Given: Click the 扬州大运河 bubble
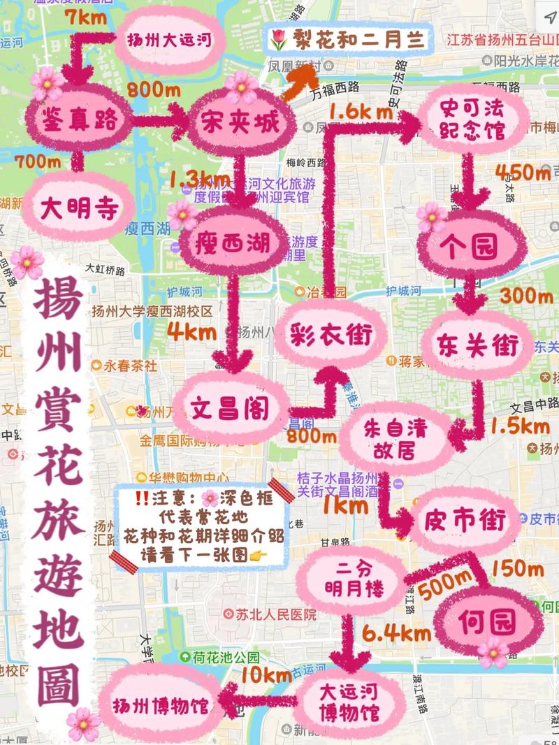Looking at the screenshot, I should pos(168,39).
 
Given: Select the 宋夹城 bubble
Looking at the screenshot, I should pos(240,124).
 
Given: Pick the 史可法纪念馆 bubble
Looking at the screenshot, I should pos(472,120).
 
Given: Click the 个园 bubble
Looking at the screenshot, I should pos(471,247).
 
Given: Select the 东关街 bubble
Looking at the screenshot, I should pos(478,345).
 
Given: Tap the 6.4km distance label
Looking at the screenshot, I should pos(395,635).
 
